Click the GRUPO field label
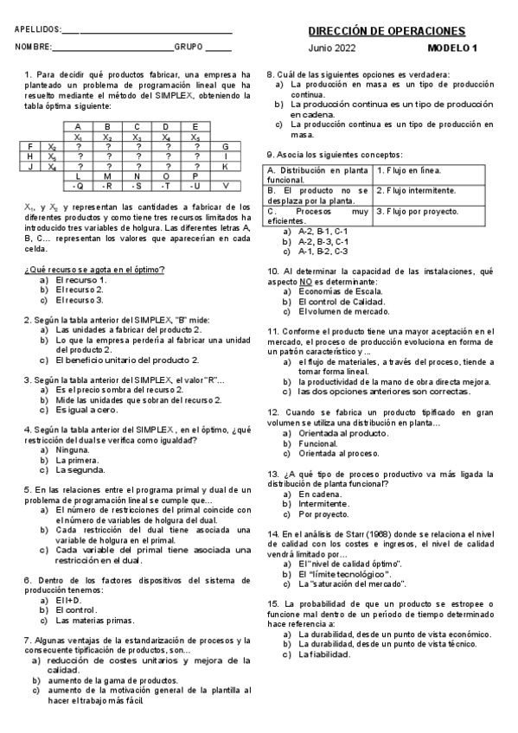[x=189, y=48]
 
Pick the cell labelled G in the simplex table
[x=225, y=146]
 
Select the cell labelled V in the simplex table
[x=225, y=185]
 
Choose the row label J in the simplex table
[x=30, y=166]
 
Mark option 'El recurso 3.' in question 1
[x=80, y=300]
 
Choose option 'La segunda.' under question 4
[x=80, y=471]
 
